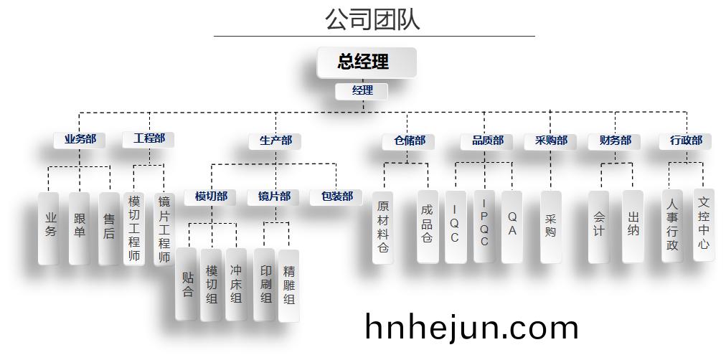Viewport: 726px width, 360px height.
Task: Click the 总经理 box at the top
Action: [x=367, y=62]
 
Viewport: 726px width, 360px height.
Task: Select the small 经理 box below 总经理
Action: [x=361, y=90]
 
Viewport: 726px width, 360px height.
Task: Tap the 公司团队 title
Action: [x=373, y=19]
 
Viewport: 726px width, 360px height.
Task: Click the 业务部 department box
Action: [x=79, y=140]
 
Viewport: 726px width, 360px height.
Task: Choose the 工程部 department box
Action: [x=148, y=139]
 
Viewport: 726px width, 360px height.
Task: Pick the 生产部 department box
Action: [x=275, y=141]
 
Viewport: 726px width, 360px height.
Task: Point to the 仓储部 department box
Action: [x=408, y=141]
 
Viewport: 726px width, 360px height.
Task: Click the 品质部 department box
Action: [x=486, y=141]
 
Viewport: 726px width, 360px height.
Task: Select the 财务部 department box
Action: [x=614, y=141]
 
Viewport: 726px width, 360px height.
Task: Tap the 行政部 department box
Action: [x=685, y=141]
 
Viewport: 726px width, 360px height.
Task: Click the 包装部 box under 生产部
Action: [x=336, y=197]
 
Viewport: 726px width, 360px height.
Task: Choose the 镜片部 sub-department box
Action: [x=273, y=197]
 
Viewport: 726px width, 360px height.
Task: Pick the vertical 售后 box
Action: [x=109, y=229]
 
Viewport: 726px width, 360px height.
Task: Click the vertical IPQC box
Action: [x=484, y=227]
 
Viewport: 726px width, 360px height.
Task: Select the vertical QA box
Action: [x=511, y=227]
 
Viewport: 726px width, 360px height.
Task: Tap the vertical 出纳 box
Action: [x=633, y=227]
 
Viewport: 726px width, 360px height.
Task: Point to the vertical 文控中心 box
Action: [x=704, y=225]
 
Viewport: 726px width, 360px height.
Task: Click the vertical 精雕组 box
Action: [x=288, y=285]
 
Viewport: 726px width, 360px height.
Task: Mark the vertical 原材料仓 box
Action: [x=383, y=227]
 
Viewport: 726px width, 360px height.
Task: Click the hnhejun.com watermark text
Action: [x=472, y=328]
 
